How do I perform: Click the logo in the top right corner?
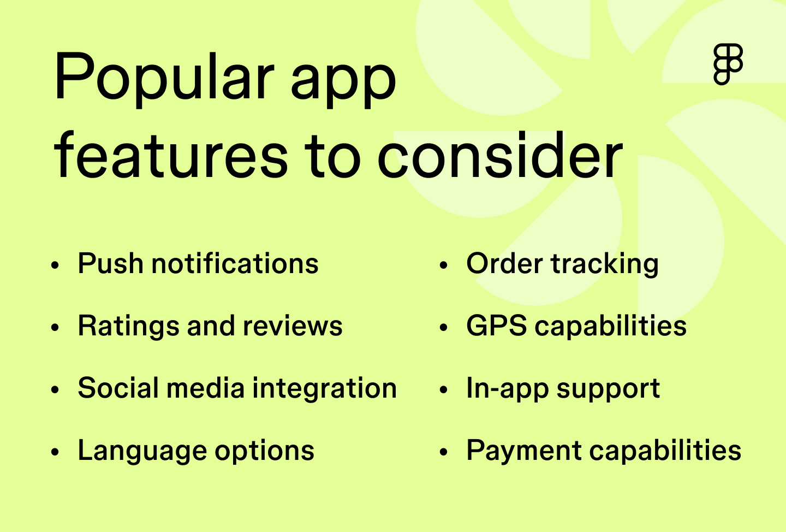(728, 64)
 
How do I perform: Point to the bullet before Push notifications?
(55, 266)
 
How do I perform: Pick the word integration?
(324, 389)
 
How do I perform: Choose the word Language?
(142, 451)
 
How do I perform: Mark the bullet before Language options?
(55, 453)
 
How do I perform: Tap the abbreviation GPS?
(496, 326)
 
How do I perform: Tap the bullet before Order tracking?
(443, 266)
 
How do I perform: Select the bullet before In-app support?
(443, 391)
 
